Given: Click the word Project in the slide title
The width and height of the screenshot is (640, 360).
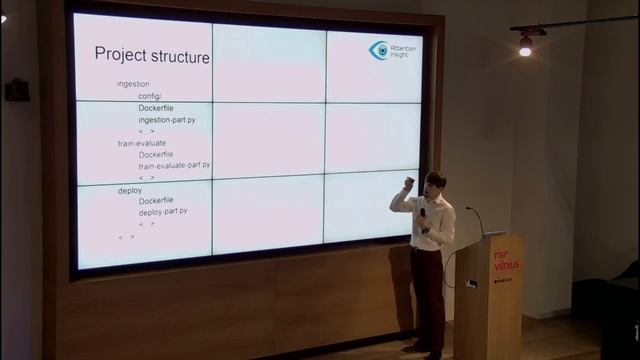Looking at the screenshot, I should click(119, 54).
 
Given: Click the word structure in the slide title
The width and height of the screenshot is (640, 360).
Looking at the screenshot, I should click(178, 56).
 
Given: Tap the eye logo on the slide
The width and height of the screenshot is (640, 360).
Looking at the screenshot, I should click(379, 51).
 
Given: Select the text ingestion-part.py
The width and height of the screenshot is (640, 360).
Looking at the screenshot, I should click(167, 120).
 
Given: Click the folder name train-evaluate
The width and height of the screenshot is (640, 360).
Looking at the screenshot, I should click(142, 143).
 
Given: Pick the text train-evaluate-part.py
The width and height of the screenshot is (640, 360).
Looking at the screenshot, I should click(174, 165).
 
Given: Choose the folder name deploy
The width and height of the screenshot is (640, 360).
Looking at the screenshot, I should click(130, 189).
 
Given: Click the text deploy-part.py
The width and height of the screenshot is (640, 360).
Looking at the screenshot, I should click(163, 212).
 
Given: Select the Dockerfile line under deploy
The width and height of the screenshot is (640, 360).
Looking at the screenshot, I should click(156, 201).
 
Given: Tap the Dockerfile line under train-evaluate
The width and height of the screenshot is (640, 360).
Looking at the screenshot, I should click(156, 154).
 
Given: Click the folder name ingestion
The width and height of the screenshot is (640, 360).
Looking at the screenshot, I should click(133, 84).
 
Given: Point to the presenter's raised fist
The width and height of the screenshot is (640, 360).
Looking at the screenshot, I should click(408, 184).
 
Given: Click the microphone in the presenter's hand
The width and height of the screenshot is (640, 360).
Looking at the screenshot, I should click(423, 213).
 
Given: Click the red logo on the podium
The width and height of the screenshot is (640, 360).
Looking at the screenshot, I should click(505, 262).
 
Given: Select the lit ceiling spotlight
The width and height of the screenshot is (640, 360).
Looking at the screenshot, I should click(525, 46).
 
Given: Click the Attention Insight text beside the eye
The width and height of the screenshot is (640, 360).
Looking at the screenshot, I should click(405, 51).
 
